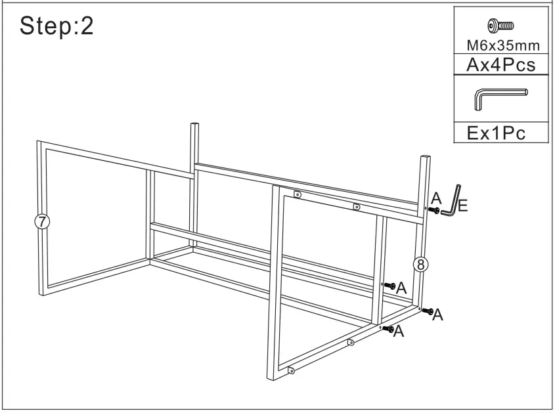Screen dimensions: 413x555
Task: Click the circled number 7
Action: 42,221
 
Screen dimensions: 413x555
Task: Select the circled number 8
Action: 421,264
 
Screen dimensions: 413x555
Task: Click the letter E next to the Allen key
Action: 462,207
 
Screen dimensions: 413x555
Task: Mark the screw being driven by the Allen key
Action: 433,209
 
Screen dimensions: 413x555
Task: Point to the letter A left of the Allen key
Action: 436,196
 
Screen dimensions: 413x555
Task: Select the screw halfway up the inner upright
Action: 389,286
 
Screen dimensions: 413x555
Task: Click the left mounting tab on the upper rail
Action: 298,194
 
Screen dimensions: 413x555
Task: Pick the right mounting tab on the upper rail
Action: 357,207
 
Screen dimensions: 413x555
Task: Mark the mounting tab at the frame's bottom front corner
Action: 292,370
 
